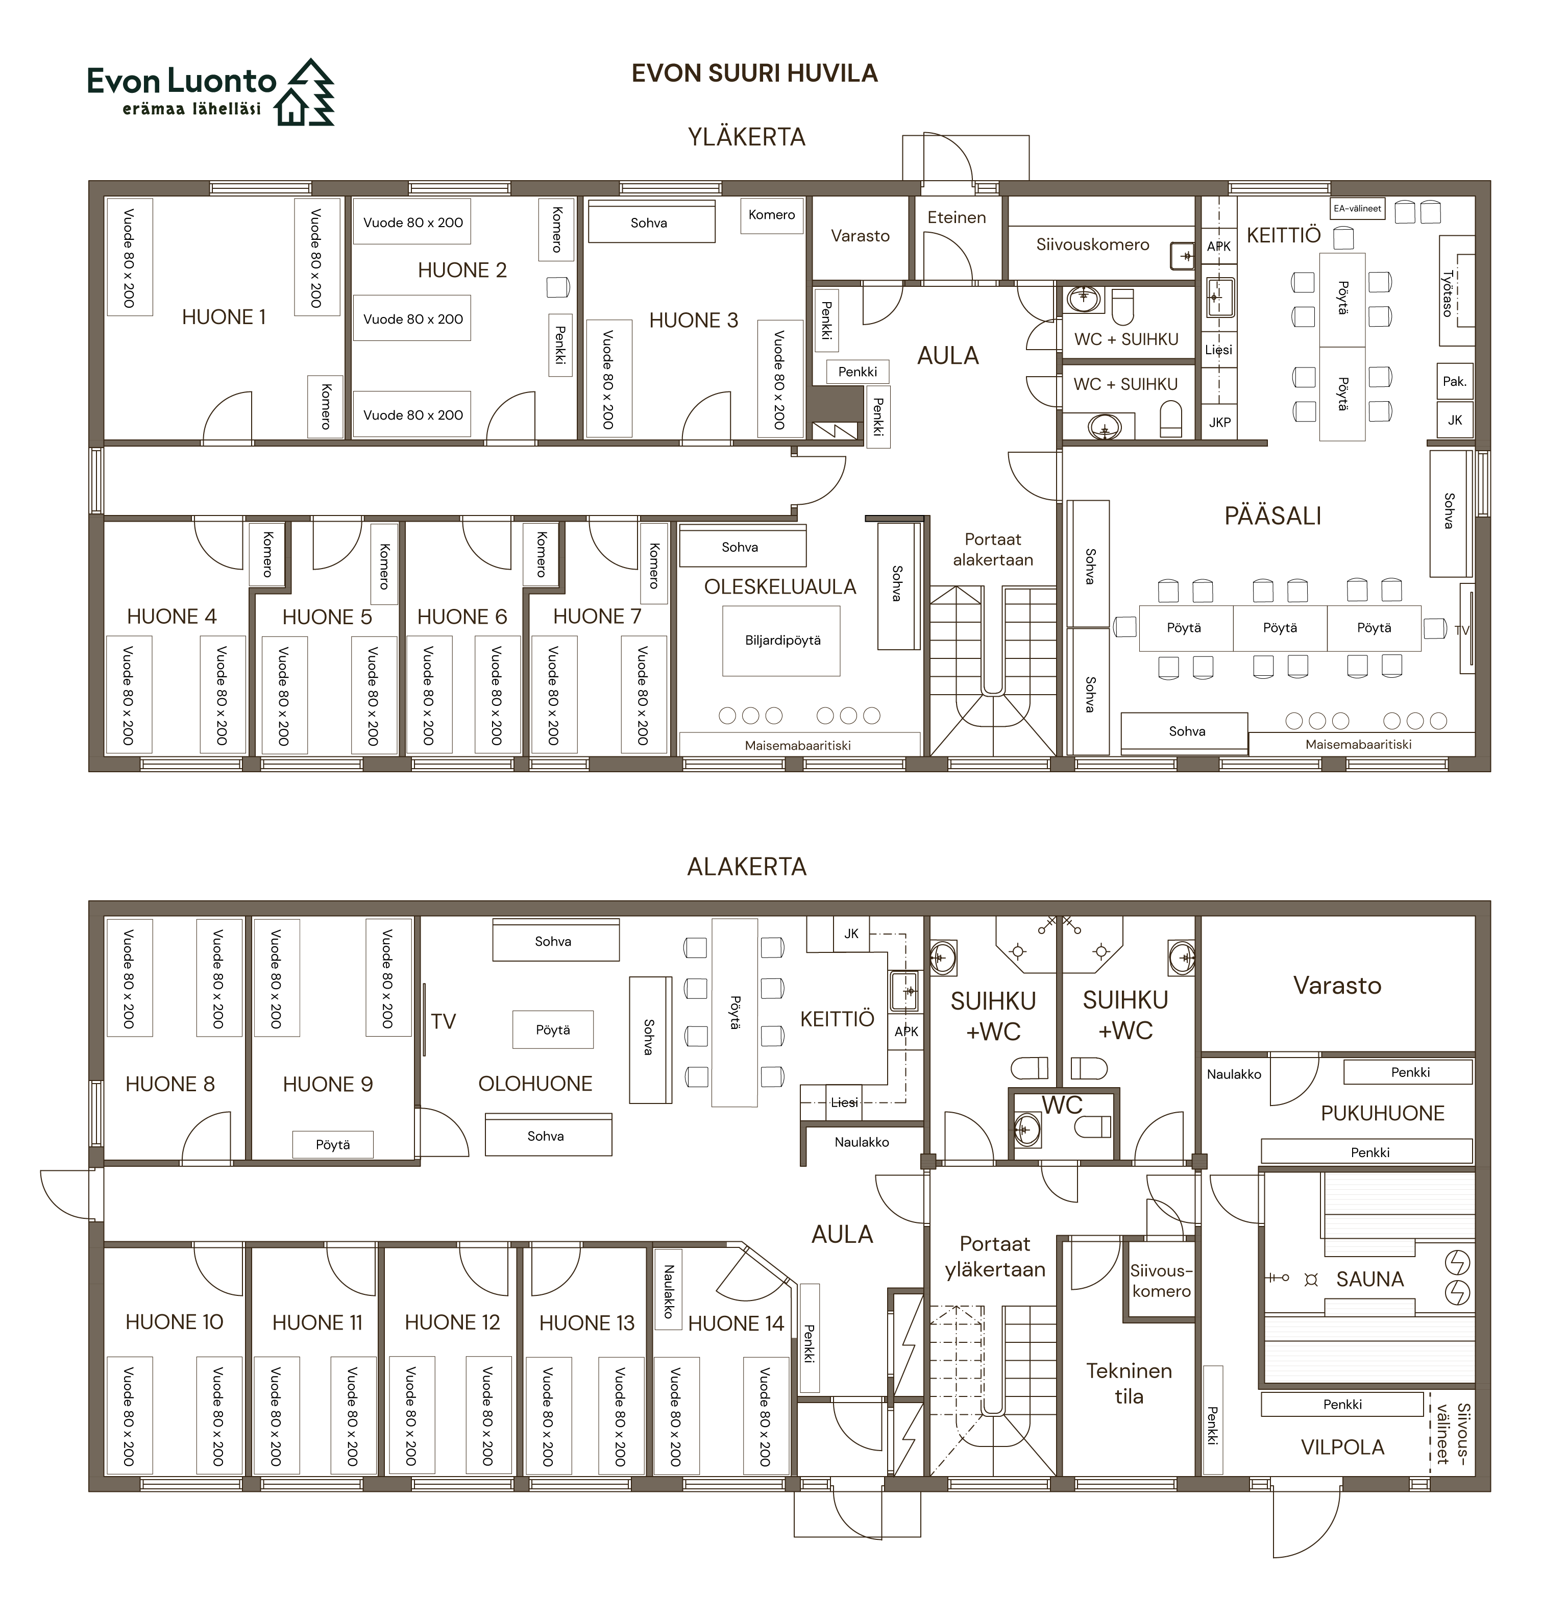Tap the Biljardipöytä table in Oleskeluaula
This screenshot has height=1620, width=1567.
pos(781,641)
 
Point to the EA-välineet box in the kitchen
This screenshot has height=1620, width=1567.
pos(1357,208)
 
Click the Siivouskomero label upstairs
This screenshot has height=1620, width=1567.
pos(1093,244)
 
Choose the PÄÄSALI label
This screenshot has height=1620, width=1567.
pos(1273,516)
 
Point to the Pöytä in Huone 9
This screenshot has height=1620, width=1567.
pos(333,1145)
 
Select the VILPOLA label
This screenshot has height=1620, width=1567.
pos(1342,1447)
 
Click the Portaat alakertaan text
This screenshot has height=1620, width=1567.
pos(993,550)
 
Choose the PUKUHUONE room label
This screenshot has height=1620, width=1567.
pos(1383,1113)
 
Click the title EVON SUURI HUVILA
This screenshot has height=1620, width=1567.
pos(754,73)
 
